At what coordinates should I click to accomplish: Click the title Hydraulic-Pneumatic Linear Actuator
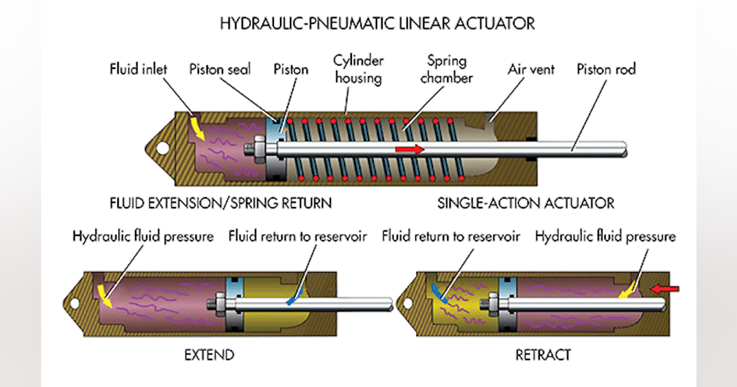tap(377, 24)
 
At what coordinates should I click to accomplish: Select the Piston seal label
tap(220, 69)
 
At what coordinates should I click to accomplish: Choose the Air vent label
tap(531, 69)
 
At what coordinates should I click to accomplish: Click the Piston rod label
tap(606, 69)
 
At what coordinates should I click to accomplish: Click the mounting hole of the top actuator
tap(163, 148)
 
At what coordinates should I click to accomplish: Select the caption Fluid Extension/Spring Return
tap(220, 203)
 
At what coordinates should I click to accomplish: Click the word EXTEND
tap(209, 354)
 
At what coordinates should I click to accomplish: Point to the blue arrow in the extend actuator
tap(294, 297)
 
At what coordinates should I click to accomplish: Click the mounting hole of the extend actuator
tap(74, 303)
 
